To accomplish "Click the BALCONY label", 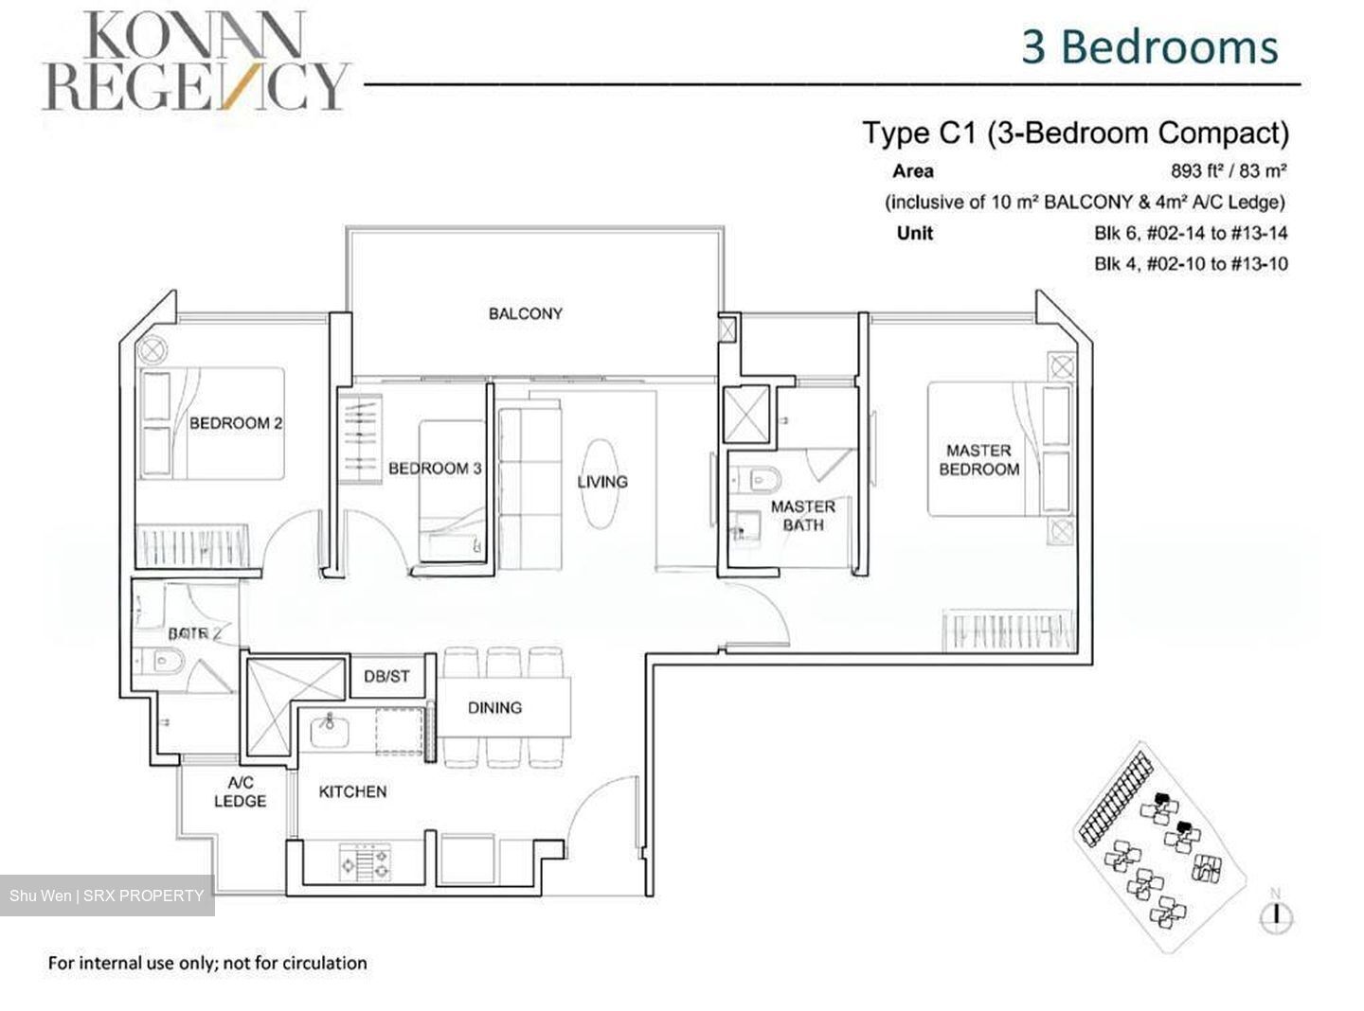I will point(525,313).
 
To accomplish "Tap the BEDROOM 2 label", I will point(236,423).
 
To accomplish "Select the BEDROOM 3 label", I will point(435,468).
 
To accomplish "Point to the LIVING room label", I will point(602,482).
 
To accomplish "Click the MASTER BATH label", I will point(802,515).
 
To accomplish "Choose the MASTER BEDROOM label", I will point(978,460).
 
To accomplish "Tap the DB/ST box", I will point(387,676).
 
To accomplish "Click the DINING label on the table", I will point(494,707).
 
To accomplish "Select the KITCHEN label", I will point(352,791).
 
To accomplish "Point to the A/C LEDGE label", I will point(240,792).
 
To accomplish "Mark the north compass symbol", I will point(1277,913).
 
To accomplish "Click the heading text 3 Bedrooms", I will point(1149,46).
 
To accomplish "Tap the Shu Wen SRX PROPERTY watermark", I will point(107,896).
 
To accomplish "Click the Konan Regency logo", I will point(195,61).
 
